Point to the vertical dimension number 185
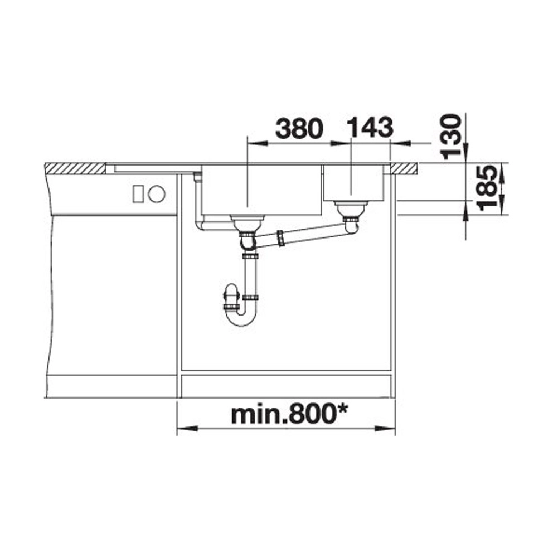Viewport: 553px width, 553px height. click(x=488, y=188)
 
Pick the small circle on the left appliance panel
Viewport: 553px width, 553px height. click(x=157, y=194)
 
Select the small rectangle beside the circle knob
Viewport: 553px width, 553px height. click(x=138, y=194)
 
